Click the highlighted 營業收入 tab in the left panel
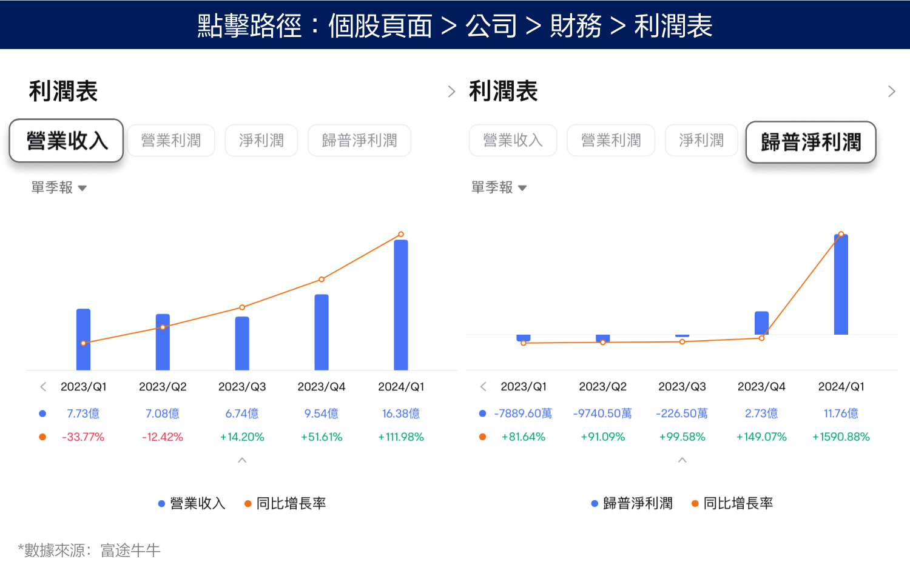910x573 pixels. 66,141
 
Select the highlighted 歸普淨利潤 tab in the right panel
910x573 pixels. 811,142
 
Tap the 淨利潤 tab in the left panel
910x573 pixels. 261,141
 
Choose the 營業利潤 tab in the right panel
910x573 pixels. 610,141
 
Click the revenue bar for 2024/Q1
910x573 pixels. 401,305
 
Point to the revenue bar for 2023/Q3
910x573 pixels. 242,343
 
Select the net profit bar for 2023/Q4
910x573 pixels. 761,323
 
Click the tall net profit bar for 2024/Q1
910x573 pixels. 841,285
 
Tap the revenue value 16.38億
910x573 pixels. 401,414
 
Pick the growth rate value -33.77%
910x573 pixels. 83,437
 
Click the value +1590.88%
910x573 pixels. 841,437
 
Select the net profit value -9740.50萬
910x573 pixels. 602,414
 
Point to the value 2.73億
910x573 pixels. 761,414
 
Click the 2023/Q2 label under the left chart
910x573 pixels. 163,387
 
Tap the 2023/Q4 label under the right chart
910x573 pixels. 761,387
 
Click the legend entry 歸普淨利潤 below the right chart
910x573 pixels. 637,503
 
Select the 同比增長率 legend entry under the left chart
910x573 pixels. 291,503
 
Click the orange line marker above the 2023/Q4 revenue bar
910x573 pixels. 322,280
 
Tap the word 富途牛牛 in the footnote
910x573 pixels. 130,551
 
